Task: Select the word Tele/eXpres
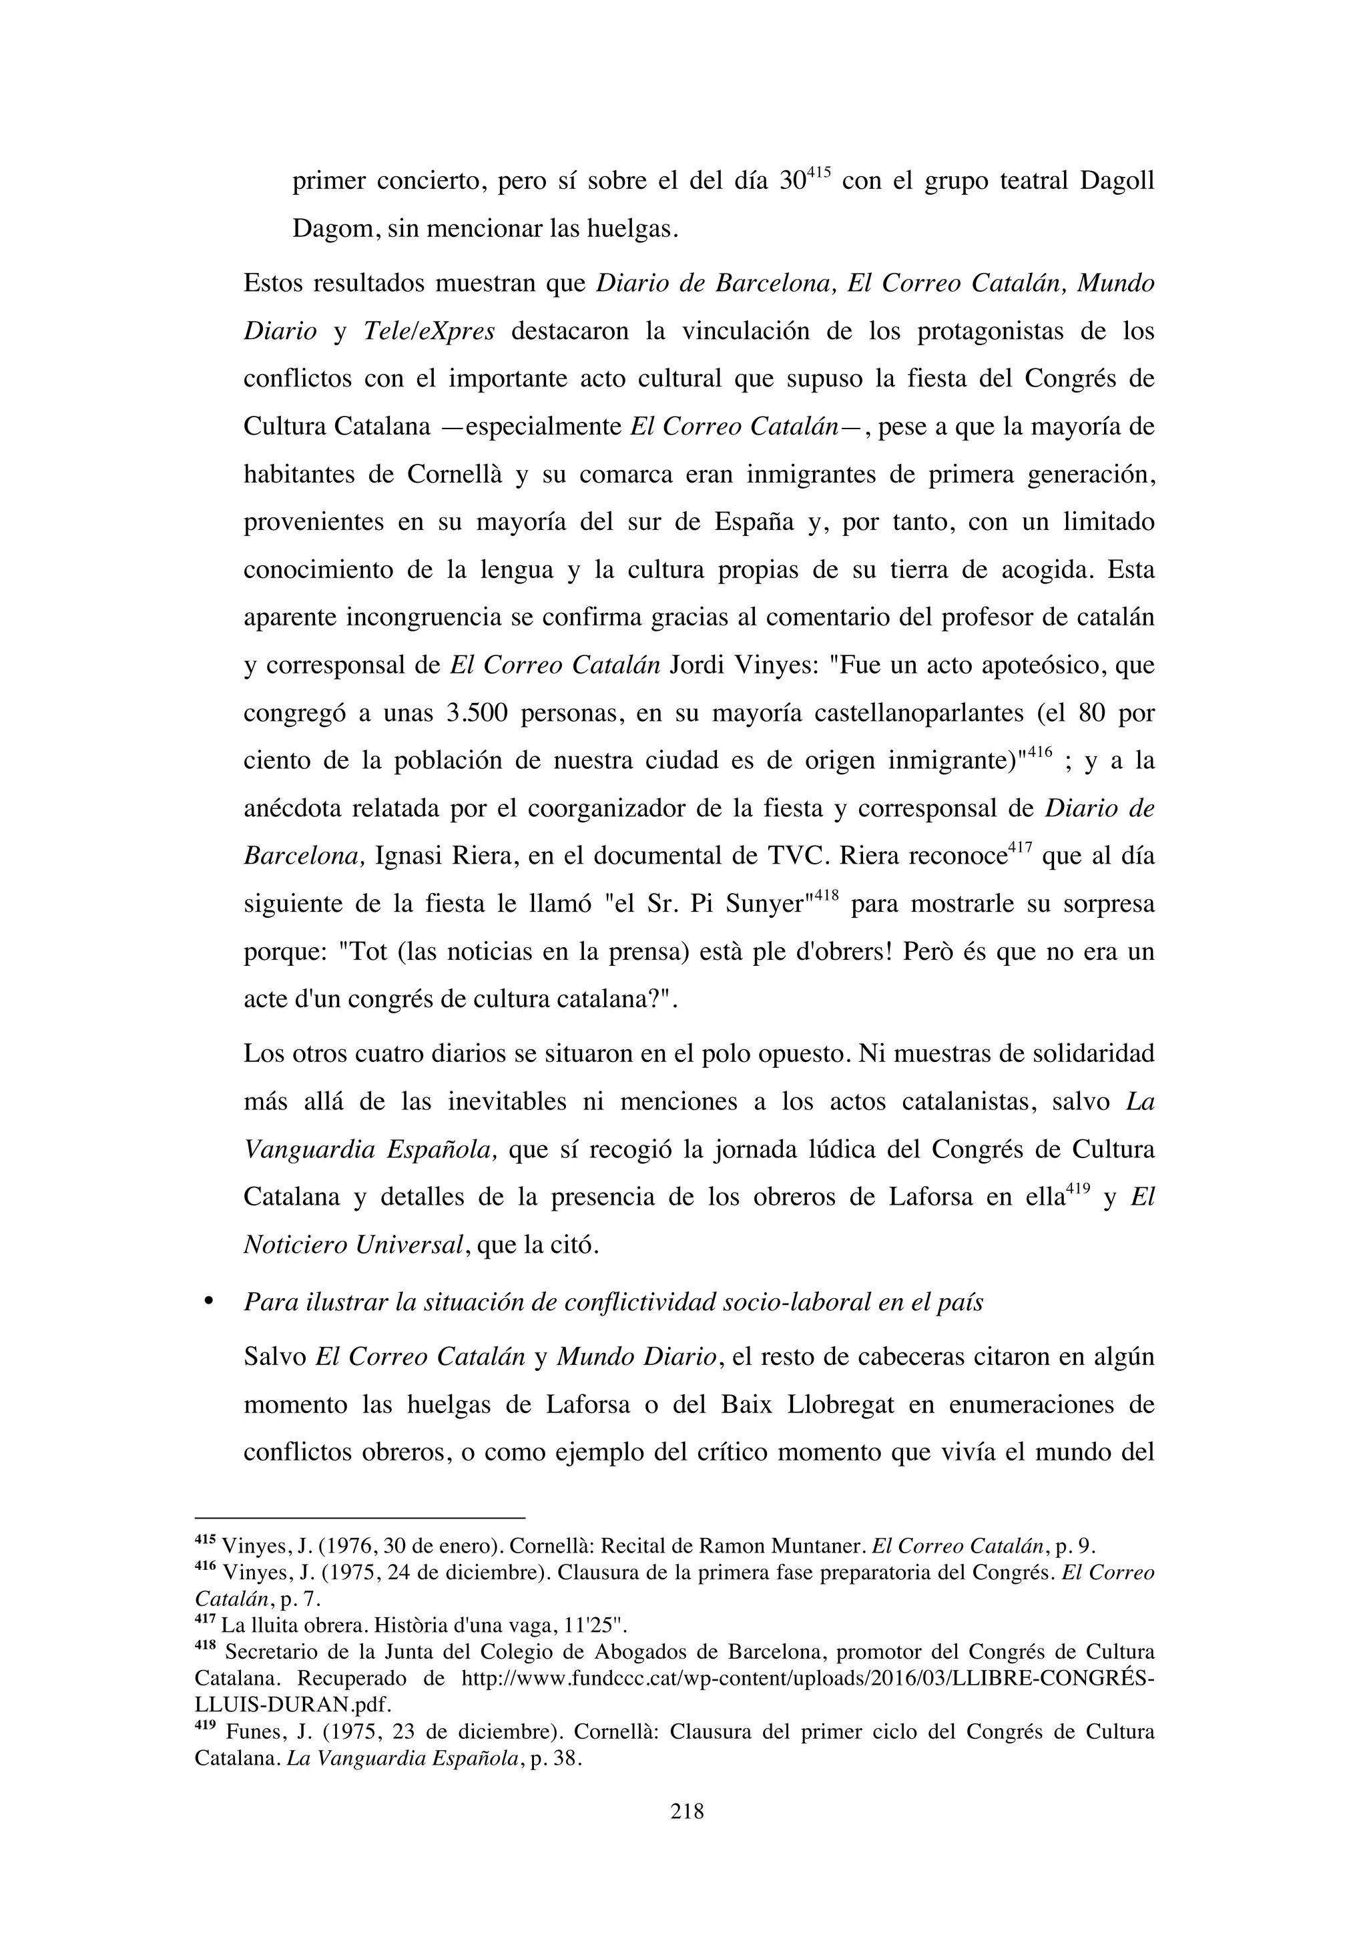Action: tap(429, 332)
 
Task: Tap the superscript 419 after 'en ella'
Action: tap(1078, 1189)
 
